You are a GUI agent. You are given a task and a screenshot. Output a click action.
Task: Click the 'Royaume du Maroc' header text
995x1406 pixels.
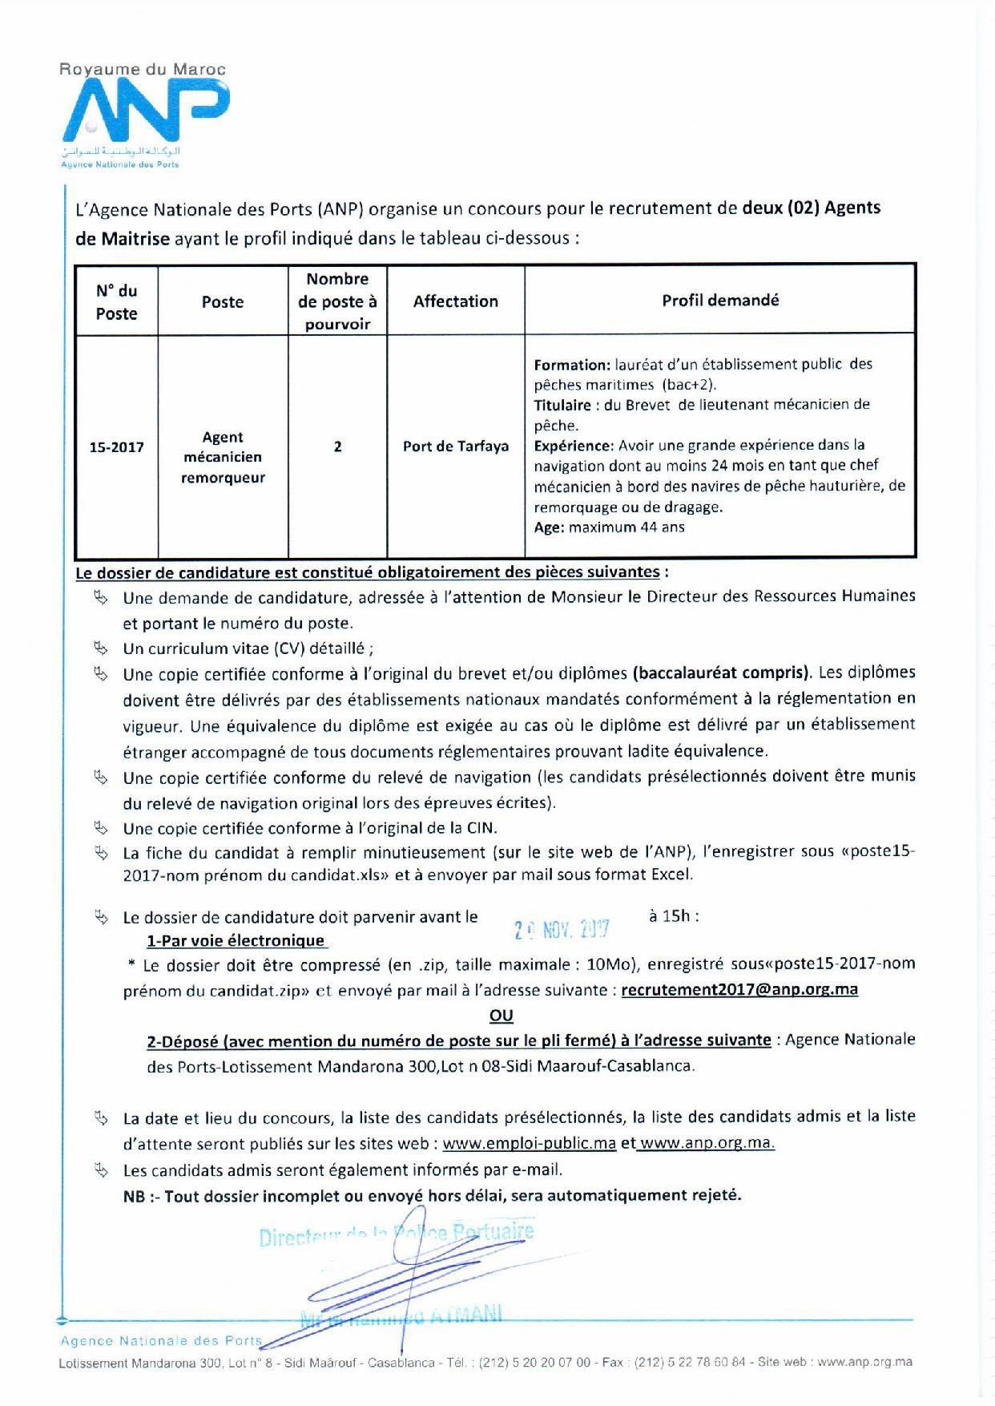click(143, 70)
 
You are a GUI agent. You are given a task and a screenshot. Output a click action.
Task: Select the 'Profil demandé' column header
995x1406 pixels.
click(720, 301)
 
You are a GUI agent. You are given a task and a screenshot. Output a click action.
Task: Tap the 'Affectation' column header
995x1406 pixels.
click(455, 301)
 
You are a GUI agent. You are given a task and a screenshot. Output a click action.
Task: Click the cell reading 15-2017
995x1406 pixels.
click(116, 447)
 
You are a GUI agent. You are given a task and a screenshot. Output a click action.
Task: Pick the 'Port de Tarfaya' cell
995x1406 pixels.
click(455, 446)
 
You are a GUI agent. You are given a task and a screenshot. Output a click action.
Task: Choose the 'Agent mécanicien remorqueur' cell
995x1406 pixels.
click(223, 457)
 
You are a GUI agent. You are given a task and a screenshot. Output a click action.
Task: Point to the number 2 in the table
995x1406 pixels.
click(337, 446)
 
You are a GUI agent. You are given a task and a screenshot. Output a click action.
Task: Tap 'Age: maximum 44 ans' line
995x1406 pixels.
click(609, 527)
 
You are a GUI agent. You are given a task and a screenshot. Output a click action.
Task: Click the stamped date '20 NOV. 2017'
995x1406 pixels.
click(562, 929)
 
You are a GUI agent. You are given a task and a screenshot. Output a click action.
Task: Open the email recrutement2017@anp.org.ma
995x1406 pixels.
click(739, 989)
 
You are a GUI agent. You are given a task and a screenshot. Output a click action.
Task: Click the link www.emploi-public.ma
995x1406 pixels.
click(529, 1144)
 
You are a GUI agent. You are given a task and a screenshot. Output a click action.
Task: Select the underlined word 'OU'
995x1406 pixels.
click(501, 1016)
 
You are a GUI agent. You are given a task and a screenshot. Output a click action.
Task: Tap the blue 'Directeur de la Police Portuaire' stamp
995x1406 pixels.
click(397, 1234)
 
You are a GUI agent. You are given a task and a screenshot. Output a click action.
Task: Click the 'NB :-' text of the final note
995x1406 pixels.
click(141, 1196)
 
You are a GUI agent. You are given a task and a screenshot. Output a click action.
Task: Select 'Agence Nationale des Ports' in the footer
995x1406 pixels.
click(161, 1340)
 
